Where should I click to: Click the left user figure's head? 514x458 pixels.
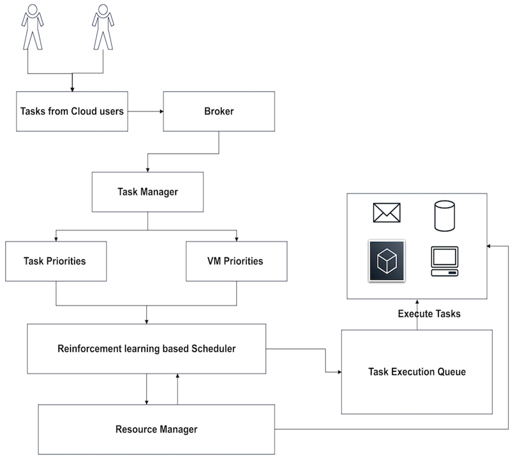[x=33, y=10]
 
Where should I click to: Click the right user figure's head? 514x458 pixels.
[x=103, y=10]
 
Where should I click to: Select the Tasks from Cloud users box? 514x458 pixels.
[x=72, y=111]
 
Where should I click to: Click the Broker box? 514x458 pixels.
[x=219, y=111]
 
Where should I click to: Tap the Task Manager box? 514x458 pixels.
[x=148, y=192]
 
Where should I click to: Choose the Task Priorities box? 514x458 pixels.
[x=56, y=261]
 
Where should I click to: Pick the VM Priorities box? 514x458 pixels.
[x=237, y=261]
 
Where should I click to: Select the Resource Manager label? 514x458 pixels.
[x=156, y=429]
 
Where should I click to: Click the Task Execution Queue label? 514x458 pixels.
[x=417, y=372]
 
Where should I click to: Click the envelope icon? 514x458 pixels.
[x=387, y=213]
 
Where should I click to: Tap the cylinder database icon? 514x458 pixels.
[x=445, y=216]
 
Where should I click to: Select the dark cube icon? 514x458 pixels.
[x=387, y=261]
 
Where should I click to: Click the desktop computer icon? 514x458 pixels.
[x=445, y=261]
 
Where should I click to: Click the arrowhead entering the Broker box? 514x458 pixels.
[x=162, y=111]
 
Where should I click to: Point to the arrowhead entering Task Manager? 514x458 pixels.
[x=148, y=170]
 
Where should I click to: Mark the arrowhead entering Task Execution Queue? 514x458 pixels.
[x=340, y=372]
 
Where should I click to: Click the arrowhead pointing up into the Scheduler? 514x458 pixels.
[x=178, y=376]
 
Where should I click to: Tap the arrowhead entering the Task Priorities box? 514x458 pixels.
[x=56, y=240]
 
